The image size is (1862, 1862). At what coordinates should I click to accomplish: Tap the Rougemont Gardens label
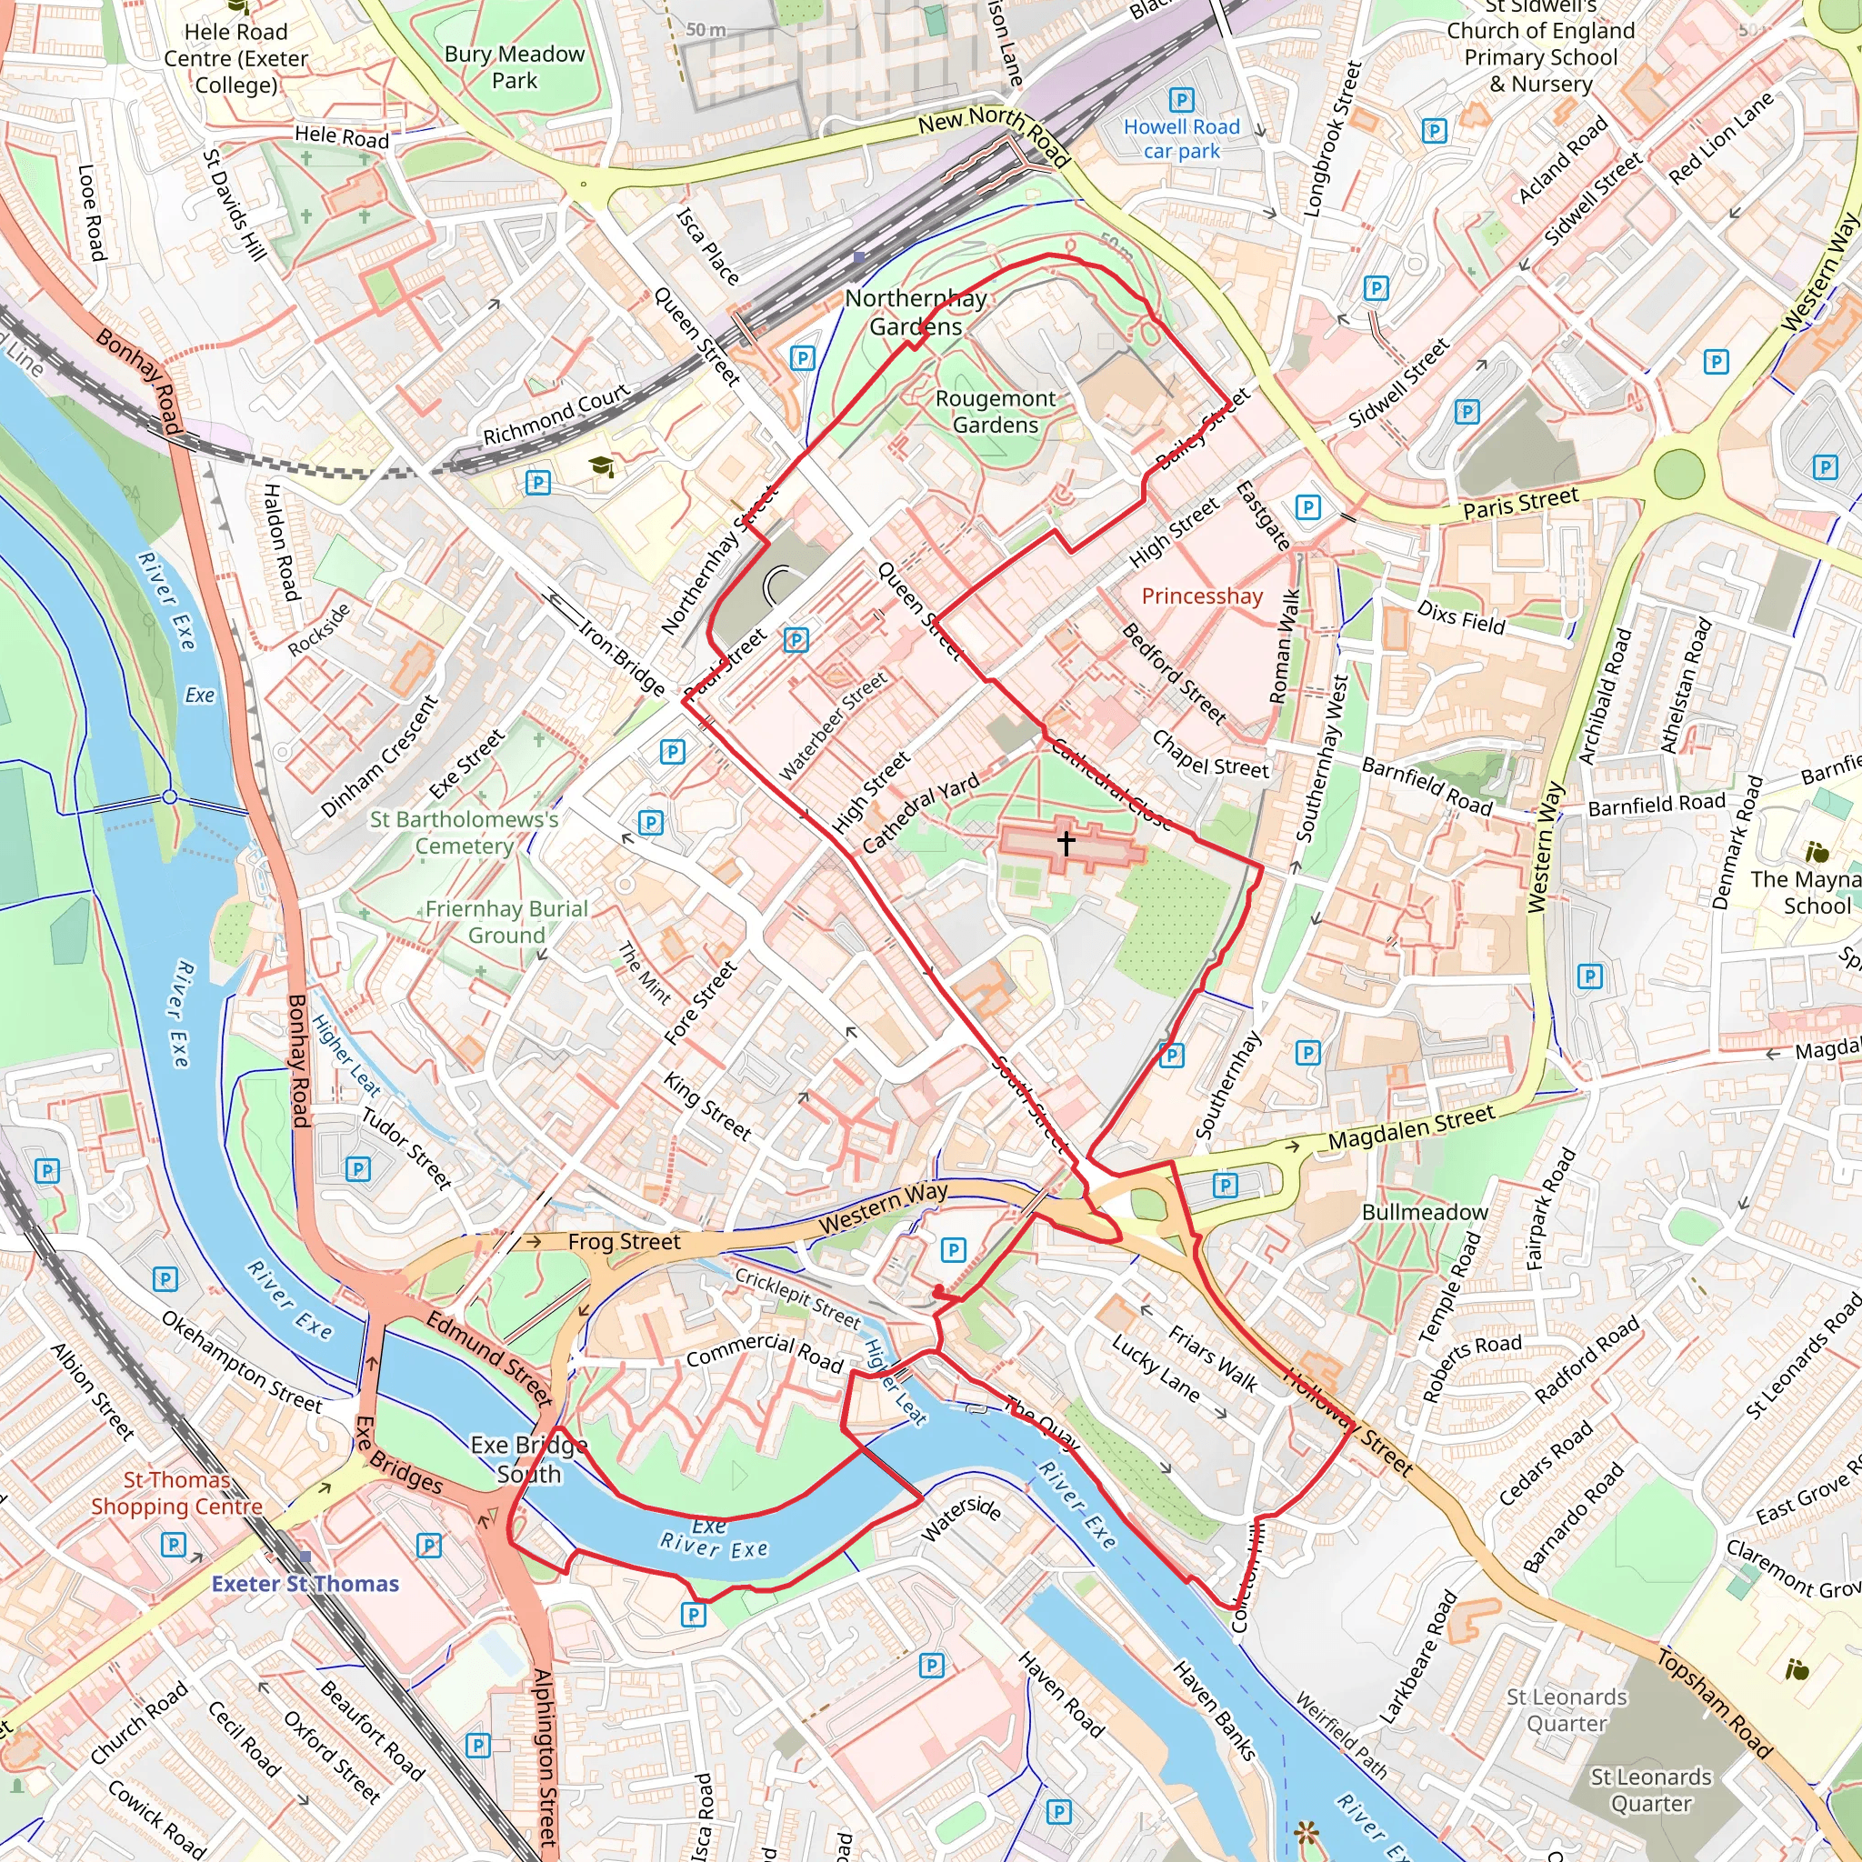pyautogui.click(x=995, y=412)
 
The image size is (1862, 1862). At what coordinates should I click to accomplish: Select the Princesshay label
pyautogui.click(x=1202, y=596)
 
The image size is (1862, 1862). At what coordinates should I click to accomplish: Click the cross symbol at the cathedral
pyautogui.click(x=1066, y=842)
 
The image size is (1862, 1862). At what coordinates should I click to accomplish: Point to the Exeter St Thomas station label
pyautogui.click(x=305, y=1584)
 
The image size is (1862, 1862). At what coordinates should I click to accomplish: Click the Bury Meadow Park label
pyautogui.click(x=514, y=66)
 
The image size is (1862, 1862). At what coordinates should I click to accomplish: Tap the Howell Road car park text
pyautogui.click(x=1181, y=139)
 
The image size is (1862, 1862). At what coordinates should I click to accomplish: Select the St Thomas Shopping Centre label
pyautogui.click(x=176, y=1493)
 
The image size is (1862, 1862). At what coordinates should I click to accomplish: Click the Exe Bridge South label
pyautogui.click(x=528, y=1459)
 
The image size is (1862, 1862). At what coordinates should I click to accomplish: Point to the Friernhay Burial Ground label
pyautogui.click(x=506, y=921)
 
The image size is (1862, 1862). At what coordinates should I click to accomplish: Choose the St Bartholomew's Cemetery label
pyautogui.click(x=464, y=832)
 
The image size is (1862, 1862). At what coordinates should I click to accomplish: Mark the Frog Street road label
pyautogui.click(x=624, y=1241)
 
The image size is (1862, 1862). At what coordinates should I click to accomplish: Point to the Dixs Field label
pyautogui.click(x=1460, y=616)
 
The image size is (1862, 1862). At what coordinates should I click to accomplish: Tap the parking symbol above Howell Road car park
pyautogui.click(x=1182, y=100)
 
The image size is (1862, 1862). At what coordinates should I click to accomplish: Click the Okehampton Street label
pyautogui.click(x=241, y=1362)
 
